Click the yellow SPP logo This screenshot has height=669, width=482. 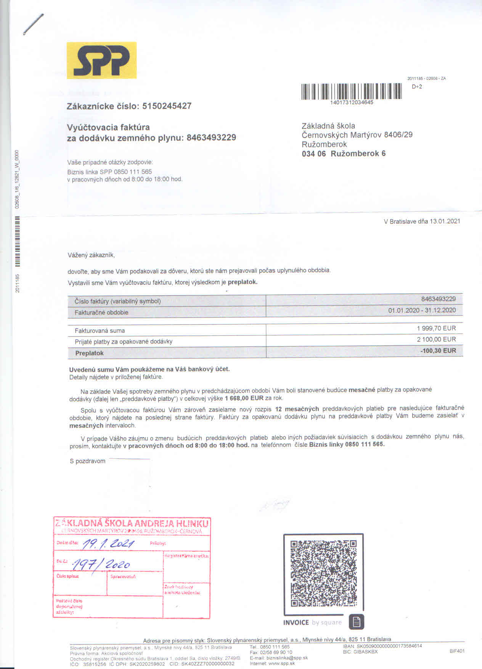click(x=101, y=60)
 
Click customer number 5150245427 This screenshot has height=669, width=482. click(x=167, y=106)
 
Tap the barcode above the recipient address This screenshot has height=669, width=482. click(x=351, y=91)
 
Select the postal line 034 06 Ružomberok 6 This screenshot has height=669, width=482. click(x=343, y=154)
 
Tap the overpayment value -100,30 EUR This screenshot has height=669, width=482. click(x=438, y=351)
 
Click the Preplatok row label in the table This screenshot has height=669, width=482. click(x=89, y=353)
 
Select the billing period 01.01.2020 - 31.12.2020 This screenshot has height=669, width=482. click(x=422, y=310)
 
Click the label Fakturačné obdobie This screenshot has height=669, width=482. click(x=101, y=312)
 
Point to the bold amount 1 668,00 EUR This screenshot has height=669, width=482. click(x=244, y=398)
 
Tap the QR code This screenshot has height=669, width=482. click(x=323, y=573)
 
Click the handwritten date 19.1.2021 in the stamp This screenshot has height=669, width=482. click(x=108, y=544)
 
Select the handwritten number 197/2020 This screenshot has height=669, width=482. click(x=101, y=564)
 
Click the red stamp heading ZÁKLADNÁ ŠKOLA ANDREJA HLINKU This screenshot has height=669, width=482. click(x=132, y=523)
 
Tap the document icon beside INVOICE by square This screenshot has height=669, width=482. click(x=356, y=622)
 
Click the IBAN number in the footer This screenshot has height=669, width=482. click(x=389, y=646)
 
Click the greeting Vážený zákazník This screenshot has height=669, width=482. click(x=91, y=255)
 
